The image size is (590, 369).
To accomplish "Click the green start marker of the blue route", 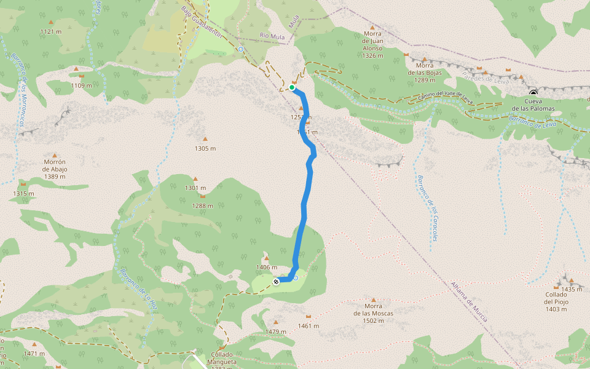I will pos(292,87).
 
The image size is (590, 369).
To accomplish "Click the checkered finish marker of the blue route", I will pos(276,281).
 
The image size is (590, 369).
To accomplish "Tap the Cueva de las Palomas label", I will pos(532,105).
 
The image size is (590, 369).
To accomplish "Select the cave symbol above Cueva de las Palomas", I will pos(533,93).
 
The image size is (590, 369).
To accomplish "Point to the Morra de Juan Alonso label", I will pos(372,44).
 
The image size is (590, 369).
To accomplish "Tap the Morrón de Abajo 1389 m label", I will pos(55,173).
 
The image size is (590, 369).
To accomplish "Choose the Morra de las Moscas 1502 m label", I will pos(373,309).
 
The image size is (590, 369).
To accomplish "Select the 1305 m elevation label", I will pos(205,148).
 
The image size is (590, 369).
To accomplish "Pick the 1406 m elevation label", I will pos(267,268).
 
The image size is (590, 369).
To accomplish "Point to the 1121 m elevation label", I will pos(51,31).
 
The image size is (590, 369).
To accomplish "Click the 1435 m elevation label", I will pos(571,289).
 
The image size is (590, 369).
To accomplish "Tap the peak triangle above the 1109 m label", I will pos(76,68).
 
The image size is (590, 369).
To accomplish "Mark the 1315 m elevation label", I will pos(23,193).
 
